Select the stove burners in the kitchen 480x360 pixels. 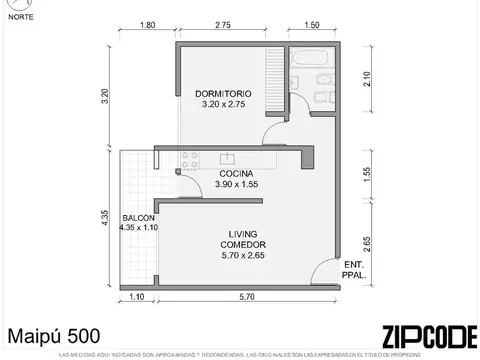191,157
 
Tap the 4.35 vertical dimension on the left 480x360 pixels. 104,218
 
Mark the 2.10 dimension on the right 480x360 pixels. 367,79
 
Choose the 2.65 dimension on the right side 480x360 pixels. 367,243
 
